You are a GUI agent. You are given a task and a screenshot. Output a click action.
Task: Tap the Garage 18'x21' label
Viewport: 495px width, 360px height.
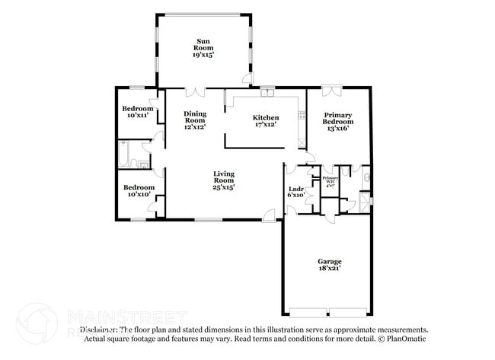[330, 264]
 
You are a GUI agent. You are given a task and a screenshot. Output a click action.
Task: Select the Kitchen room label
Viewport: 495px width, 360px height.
[266, 122]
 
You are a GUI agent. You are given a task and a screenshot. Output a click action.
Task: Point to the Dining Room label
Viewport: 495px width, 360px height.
[195, 120]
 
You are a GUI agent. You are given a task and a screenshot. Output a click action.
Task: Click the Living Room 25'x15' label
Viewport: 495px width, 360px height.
[223, 180]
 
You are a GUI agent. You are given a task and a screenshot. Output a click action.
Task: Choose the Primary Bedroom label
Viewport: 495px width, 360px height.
[337, 122]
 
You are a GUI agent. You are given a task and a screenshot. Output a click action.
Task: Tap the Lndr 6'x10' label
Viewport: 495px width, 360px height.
[297, 191]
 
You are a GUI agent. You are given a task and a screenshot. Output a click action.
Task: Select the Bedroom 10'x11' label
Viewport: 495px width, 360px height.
[138, 112]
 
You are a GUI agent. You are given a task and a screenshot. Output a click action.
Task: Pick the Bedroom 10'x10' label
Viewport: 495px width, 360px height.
[138, 191]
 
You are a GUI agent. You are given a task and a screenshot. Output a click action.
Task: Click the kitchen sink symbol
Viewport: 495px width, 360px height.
[267, 94]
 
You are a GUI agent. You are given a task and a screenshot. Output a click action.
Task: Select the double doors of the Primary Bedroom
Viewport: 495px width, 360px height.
[331, 91]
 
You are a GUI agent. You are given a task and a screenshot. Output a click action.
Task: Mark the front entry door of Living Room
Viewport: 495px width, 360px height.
[269, 217]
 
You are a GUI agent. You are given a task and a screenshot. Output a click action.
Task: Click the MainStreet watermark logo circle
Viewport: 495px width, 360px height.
[37, 323]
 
